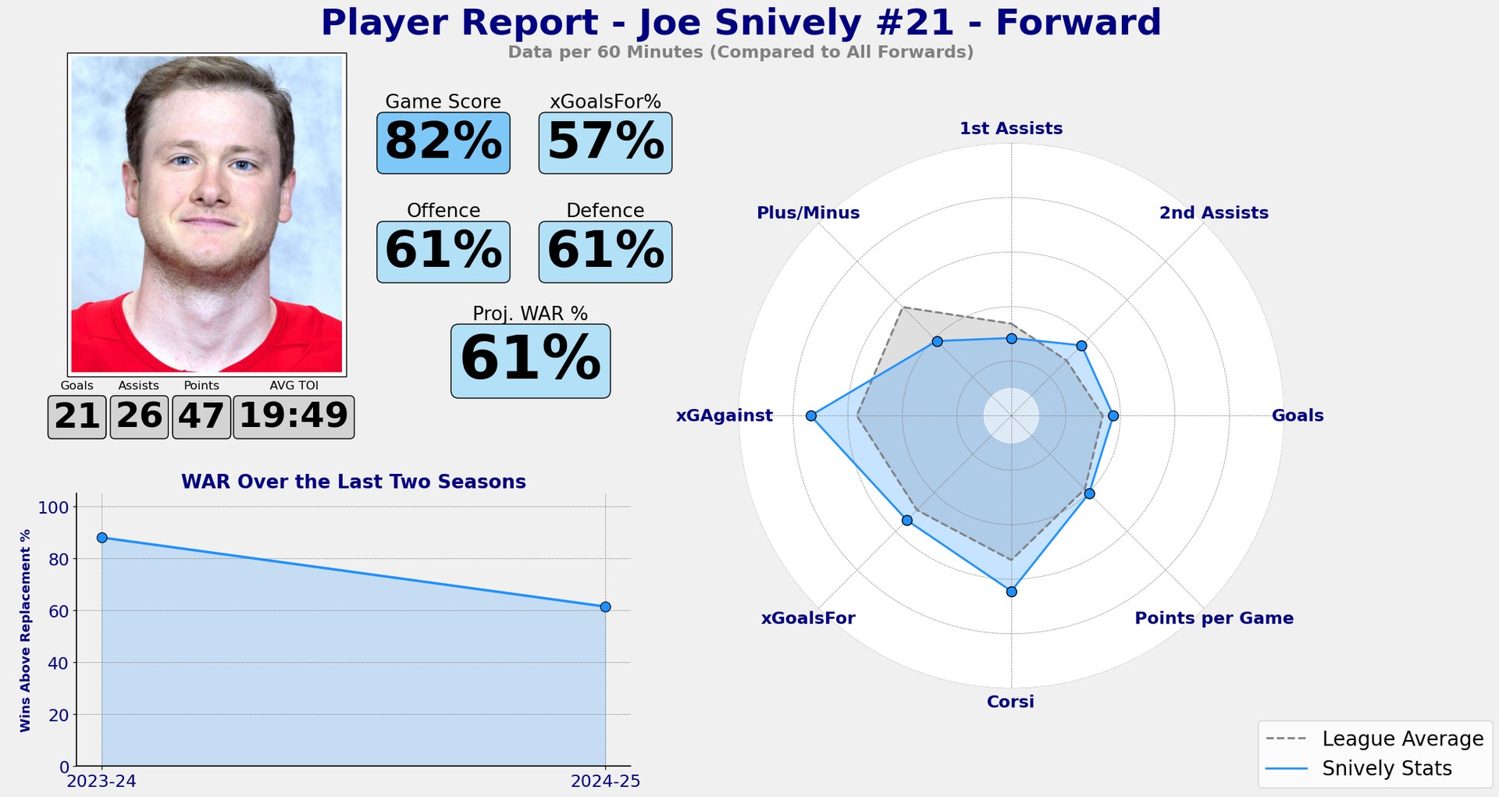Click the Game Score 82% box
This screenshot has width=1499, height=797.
[x=443, y=143]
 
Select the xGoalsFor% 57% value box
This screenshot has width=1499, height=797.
[x=605, y=143]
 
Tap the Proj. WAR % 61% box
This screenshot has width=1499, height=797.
[x=530, y=361]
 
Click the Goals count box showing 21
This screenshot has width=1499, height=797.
[x=77, y=417]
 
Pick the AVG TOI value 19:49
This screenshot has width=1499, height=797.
[x=294, y=417]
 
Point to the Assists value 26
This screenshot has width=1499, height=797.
[x=139, y=417]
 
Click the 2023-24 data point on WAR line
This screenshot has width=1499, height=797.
[x=101, y=538]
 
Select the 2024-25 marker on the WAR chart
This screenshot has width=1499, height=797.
[x=605, y=607]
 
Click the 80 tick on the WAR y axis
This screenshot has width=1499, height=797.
[x=59, y=559]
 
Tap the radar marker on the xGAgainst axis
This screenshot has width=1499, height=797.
[x=811, y=416]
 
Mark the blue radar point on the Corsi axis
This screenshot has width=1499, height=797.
[x=1011, y=592]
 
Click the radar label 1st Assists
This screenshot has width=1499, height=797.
[x=1011, y=128]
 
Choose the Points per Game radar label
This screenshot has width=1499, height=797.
[x=1213, y=618]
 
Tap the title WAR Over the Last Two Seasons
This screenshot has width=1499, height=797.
[x=353, y=482]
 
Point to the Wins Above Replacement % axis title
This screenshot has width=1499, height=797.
[x=26, y=630]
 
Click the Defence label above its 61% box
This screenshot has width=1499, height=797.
[x=605, y=211]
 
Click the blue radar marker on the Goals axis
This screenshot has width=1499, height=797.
[x=1113, y=416]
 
